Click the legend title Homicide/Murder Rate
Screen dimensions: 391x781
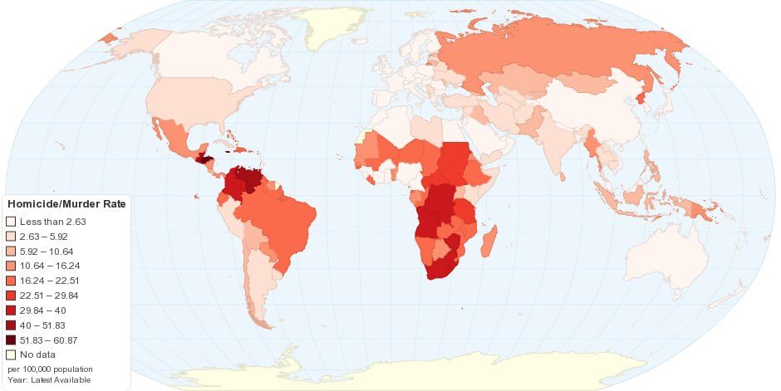(66, 205)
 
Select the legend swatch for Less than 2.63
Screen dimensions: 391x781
(11, 222)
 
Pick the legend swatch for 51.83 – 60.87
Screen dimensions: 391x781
(11, 340)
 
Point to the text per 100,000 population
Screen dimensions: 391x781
(50, 369)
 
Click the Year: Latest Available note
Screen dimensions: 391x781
(49, 380)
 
